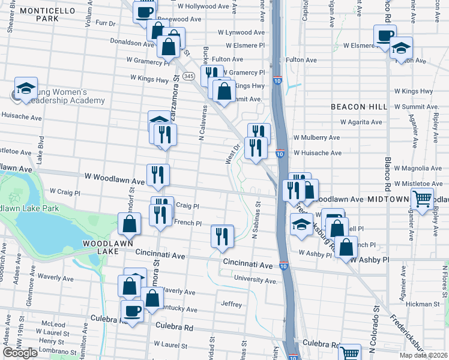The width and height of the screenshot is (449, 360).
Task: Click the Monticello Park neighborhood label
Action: click(x=46, y=14)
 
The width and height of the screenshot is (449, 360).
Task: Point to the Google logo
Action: click(x=20, y=352)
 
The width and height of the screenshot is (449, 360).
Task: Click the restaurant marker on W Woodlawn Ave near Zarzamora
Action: click(x=158, y=175)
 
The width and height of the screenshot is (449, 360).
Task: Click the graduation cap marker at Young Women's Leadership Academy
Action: click(x=26, y=88)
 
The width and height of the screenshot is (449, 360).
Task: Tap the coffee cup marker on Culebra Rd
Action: click(x=132, y=310)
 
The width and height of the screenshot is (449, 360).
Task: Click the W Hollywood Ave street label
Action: click(x=203, y=7)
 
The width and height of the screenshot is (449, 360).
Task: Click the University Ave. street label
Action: click(x=255, y=280)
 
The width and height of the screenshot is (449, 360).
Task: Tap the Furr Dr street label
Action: click(x=105, y=23)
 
